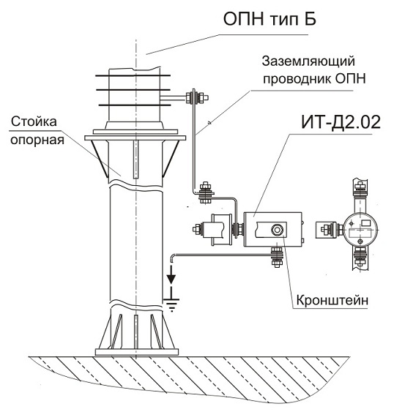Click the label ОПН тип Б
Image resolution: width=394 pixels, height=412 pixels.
tap(270, 19)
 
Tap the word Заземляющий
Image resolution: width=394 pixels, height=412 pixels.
tap(308, 61)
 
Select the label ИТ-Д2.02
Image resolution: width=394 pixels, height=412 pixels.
tap(341, 122)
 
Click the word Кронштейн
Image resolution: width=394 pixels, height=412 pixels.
tap(332, 300)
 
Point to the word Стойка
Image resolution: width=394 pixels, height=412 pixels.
tap(34, 121)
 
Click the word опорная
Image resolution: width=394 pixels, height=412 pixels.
tap(37, 140)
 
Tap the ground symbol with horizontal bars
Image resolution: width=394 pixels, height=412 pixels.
tap(171, 305)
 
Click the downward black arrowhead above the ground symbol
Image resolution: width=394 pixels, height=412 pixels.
tap(171, 278)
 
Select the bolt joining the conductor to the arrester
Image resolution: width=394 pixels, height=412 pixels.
tap(197, 97)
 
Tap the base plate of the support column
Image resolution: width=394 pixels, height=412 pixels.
tap(136, 352)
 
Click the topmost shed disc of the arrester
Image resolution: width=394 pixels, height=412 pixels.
tap(133, 75)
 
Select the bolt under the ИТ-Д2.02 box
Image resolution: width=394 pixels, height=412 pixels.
tap(276, 257)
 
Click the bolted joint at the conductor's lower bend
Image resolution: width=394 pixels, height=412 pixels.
tap(205, 193)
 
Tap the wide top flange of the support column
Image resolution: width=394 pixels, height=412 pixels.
tap(135, 138)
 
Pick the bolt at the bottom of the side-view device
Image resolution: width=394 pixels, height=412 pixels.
tap(360, 257)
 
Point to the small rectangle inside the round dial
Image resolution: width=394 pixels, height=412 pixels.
tap(366, 223)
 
